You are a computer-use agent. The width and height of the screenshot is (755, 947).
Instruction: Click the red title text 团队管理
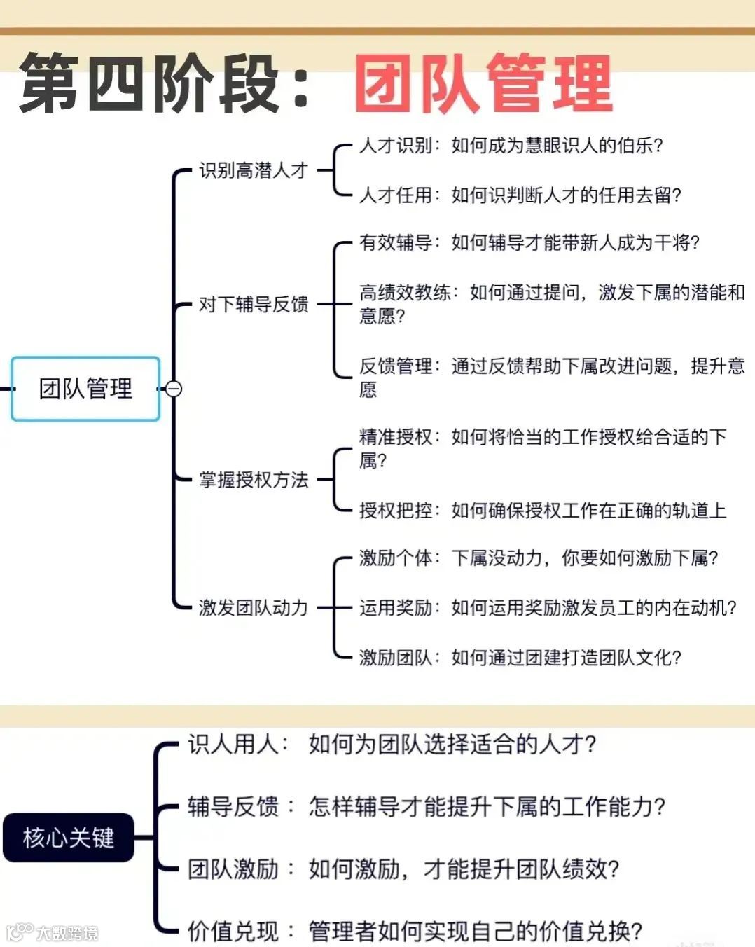[483, 84]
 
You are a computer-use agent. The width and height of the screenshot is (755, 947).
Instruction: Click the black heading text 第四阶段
[151, 84]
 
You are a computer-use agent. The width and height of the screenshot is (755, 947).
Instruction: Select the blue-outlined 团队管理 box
[85, 389]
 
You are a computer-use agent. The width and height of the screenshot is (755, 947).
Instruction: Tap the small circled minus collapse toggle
[174, 389]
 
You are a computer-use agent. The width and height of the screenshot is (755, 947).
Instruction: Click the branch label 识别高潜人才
[254, 170]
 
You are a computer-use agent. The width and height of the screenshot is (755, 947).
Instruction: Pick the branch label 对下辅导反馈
[254, 304]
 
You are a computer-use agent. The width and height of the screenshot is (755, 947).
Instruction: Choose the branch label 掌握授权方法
[254, 480]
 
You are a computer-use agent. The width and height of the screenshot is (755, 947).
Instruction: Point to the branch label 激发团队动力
[254, 607]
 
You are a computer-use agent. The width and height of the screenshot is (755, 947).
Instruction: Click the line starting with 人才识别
[511, 146]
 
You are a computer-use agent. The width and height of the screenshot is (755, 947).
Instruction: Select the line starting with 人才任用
[520, 195]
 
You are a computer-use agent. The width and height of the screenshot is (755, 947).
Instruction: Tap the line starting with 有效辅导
[529, 242]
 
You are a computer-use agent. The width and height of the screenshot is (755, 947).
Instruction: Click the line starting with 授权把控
[543, 511]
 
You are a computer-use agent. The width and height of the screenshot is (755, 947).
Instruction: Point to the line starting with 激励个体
[538, 558]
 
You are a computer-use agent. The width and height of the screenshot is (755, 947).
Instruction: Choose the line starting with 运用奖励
[548, 607]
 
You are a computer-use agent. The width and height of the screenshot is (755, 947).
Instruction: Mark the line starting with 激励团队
[520, 657]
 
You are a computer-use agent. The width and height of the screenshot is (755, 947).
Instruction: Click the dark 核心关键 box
[69, 837]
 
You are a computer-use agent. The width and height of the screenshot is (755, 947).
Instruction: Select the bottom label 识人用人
[237, 744]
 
